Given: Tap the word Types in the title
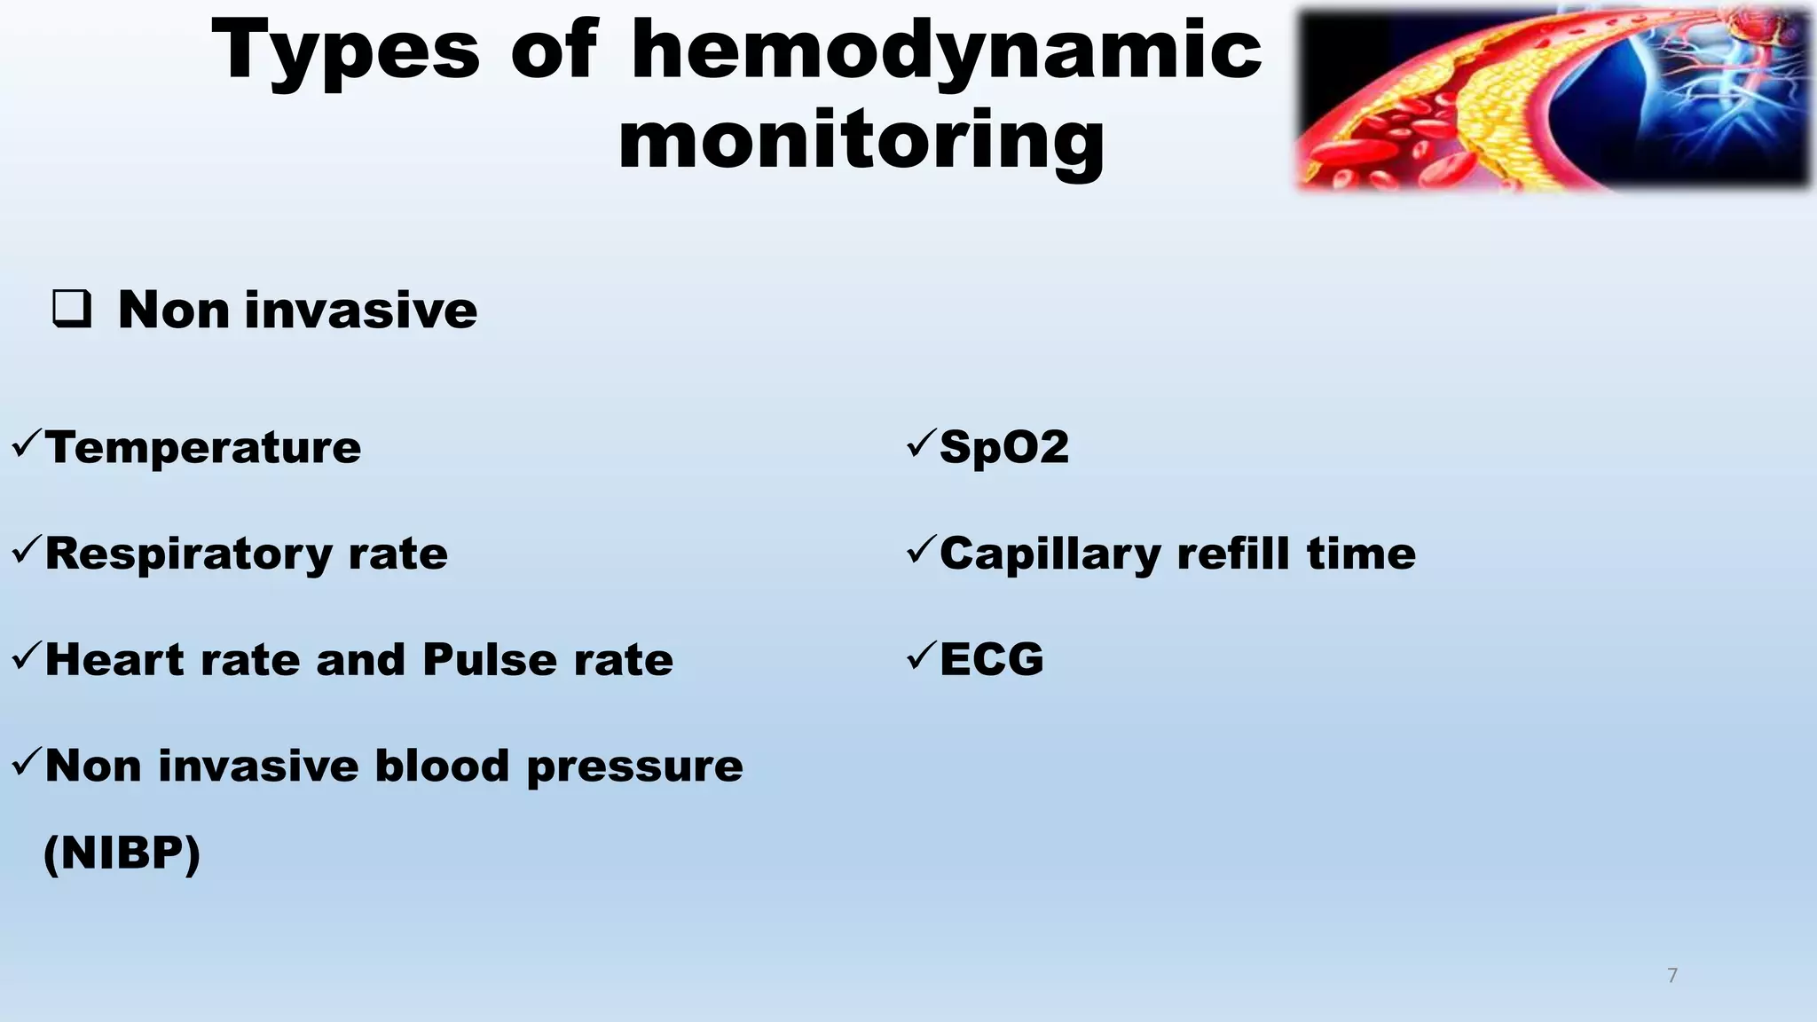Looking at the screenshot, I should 346,51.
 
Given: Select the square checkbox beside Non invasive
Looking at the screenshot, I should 72,310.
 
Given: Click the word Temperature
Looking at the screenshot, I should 203,447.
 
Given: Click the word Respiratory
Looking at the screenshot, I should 187,554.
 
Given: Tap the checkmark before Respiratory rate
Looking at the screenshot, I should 26,549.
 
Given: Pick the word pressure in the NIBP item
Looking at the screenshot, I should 634,766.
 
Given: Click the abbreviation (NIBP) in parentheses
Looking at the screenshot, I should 122,853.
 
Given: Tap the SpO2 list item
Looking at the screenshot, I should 1003,447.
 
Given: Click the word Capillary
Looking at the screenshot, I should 1050,554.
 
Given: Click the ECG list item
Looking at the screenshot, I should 991,660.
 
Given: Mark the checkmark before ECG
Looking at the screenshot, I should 921,656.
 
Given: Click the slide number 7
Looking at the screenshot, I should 1672,976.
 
